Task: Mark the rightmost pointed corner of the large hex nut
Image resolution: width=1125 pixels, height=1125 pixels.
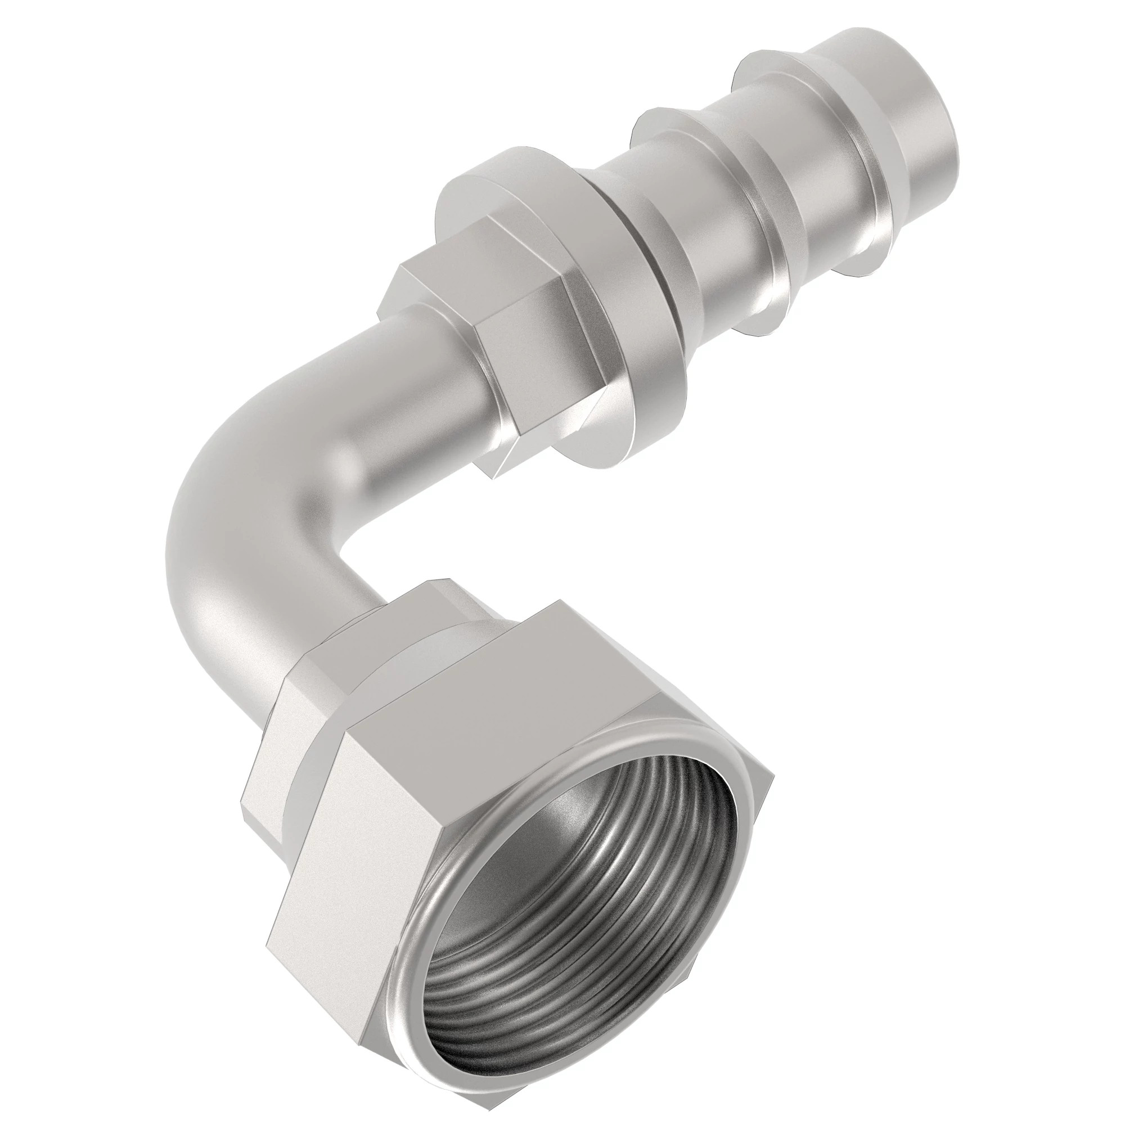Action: pyautogui.click(x=772, y=780)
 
